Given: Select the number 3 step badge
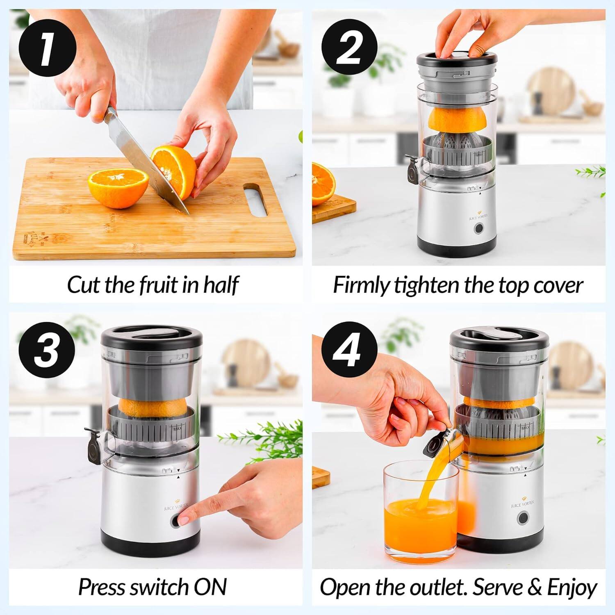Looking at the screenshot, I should (x=47, y=351).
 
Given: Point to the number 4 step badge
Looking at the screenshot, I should (x=349, y=351).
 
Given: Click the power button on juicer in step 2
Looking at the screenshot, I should (x=478, y=229).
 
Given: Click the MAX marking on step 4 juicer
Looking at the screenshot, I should (x=526, y=428).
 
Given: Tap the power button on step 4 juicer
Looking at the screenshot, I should (x=523, y=518).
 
